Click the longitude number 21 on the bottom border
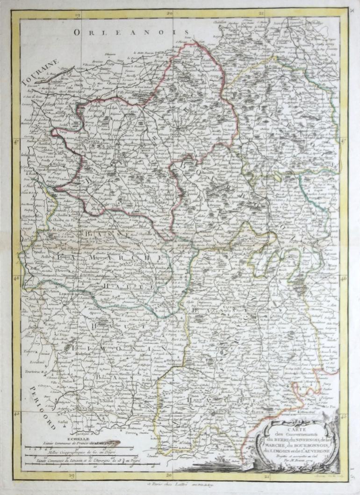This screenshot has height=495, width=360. (267, 476)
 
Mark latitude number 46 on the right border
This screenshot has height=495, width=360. (344, 278)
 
